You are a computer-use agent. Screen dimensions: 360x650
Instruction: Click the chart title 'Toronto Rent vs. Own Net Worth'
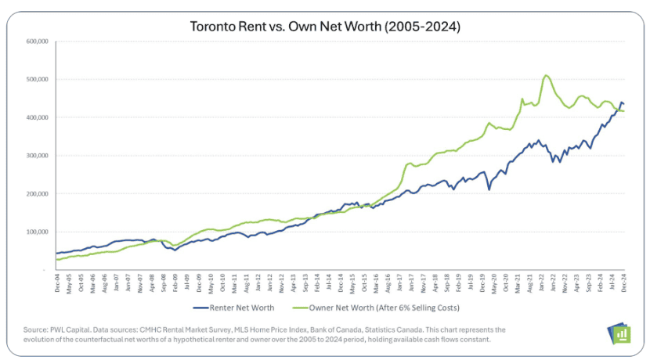(325, 26)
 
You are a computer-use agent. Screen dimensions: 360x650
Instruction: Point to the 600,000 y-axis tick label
(38, 41)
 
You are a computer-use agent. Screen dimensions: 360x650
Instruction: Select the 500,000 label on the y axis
(38, 79)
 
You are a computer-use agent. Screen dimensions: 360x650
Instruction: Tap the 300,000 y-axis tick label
(38, 155)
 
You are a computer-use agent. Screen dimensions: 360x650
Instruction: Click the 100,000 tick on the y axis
(38, 232)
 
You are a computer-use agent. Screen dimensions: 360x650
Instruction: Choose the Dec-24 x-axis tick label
(623, 283)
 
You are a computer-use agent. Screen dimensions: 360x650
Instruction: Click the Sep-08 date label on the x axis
(163, 283)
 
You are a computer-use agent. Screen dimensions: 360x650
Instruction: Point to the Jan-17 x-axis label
(399, 283)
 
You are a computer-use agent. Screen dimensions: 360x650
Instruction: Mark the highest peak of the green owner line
(546, 75)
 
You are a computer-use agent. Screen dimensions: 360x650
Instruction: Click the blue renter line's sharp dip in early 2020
(489, 189)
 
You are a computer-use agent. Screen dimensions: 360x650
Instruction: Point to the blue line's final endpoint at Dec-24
(623, 103)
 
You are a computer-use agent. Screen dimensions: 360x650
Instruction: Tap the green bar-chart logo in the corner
(618, 331)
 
